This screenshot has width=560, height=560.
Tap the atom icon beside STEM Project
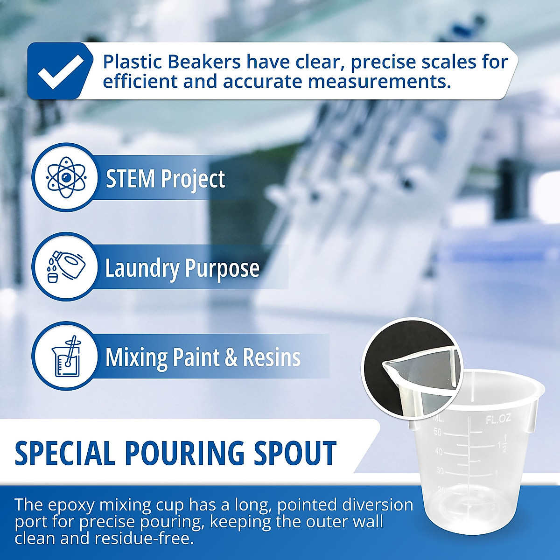[64, 178]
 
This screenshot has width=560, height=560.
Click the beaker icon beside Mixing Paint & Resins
[64, 357]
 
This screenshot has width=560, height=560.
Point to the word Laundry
[142, 269]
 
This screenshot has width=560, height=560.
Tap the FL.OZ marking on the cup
[498, 420]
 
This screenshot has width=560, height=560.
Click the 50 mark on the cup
[437, 432]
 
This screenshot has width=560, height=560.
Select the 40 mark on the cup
[439, 451]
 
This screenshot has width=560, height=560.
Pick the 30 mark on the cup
[440, 470]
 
